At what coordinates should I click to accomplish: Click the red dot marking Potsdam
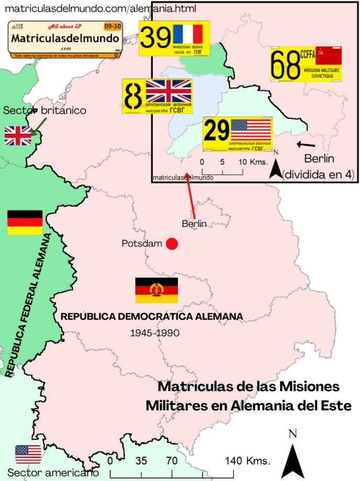coord(172,244)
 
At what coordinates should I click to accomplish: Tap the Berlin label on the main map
coord(194,224)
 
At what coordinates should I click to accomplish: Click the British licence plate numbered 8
coord(157,96)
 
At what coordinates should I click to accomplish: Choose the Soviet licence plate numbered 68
coord(306,64)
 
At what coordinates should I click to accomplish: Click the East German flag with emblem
coord(156,290)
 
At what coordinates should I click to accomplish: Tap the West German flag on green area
coord(25,222)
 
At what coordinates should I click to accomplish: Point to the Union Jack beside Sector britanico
coord(18,135)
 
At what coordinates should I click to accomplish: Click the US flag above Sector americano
coord(28,454)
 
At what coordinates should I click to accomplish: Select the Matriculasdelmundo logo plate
coord(65,40)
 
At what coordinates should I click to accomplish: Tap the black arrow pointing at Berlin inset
coord(306,144)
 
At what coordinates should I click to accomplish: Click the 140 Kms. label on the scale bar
coord(248,461)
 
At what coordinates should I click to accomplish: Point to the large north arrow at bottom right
coord(292,456)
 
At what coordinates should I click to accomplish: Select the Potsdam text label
coord(142,244)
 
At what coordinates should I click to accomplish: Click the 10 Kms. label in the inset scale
coord(250,162)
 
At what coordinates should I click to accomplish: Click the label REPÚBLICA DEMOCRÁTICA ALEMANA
coord(152,316)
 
